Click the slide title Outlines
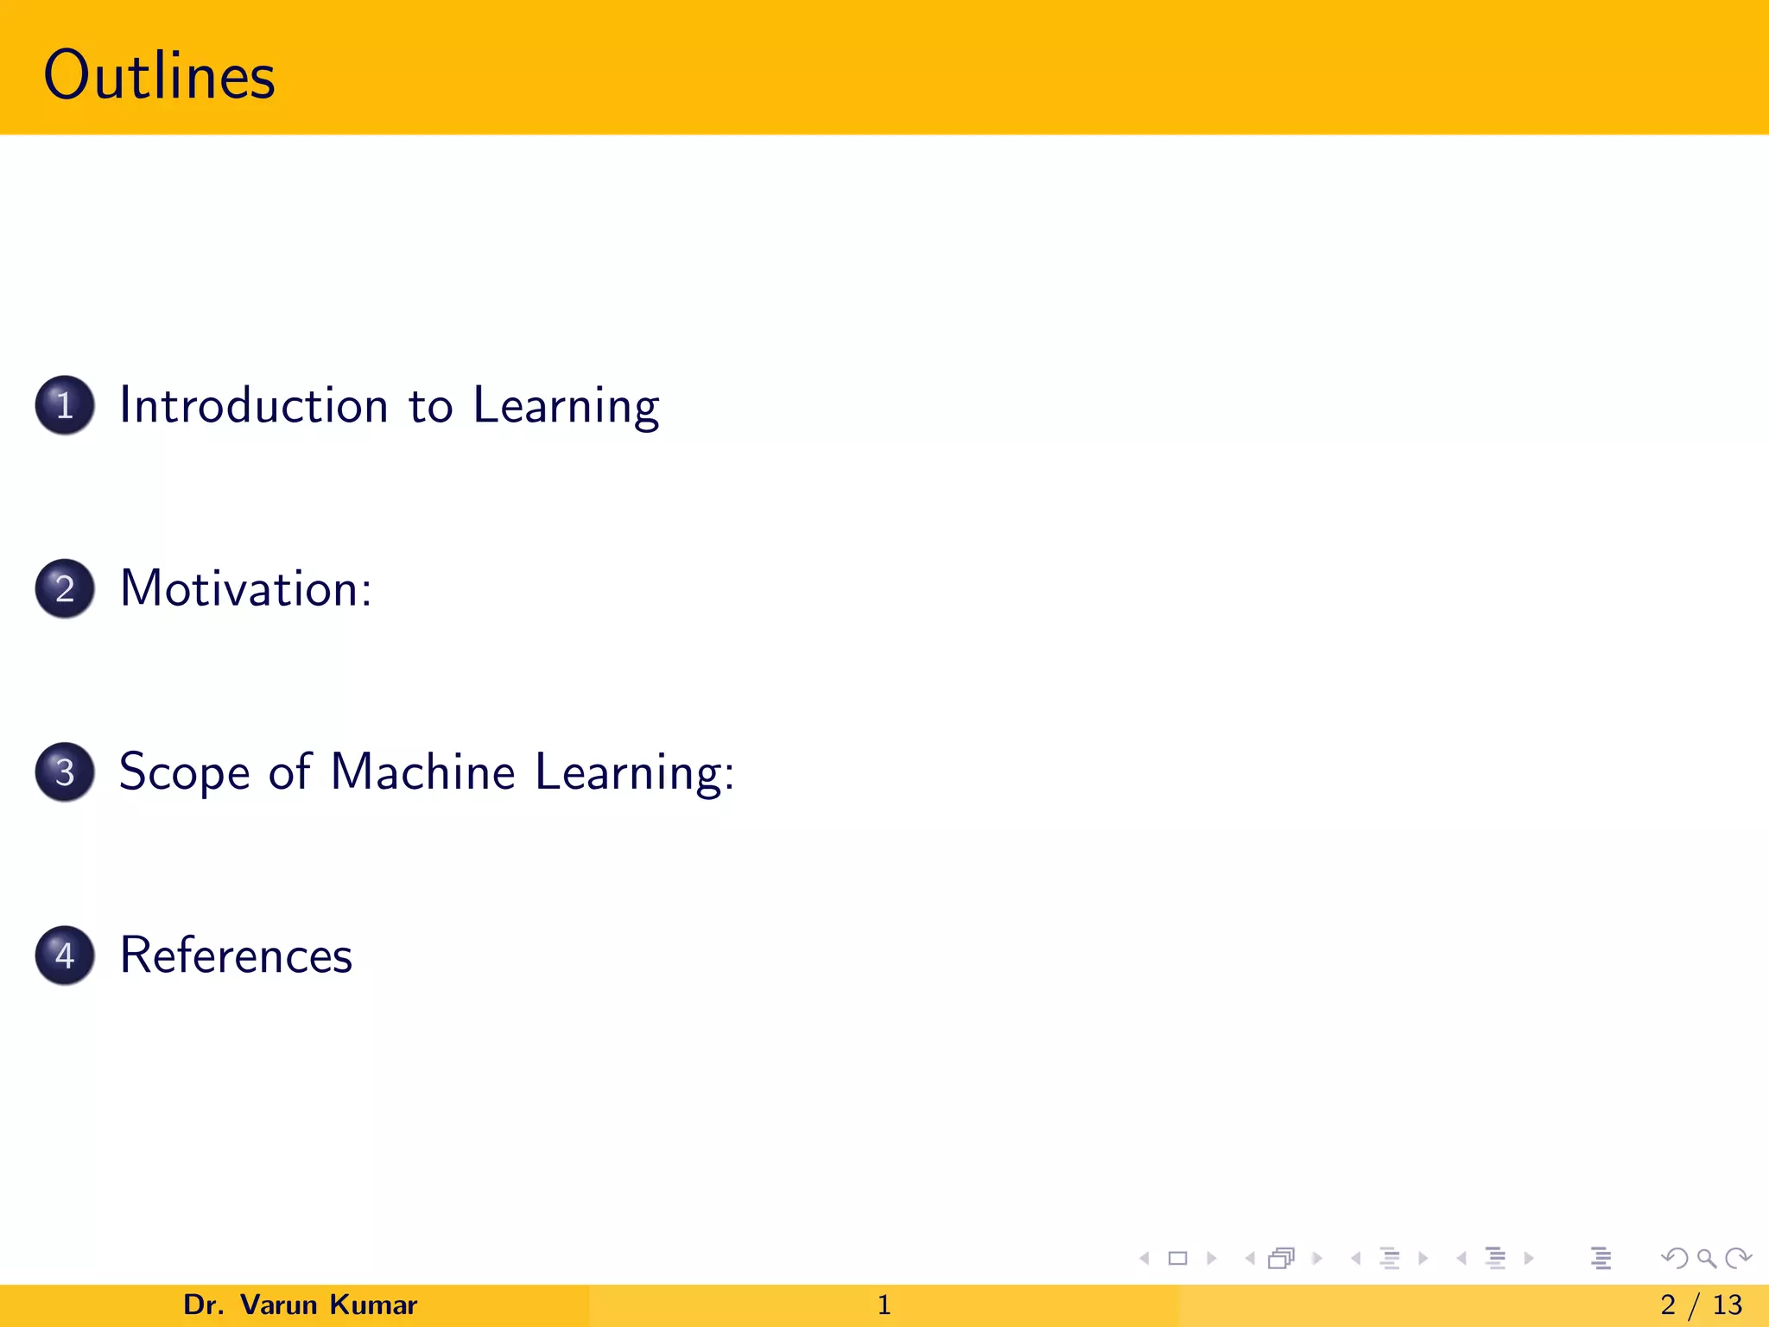coord(159,76)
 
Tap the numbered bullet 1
coord(65,405)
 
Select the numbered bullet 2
coord(65,588)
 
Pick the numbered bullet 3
coord(65,771)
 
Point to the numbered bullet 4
coord(65,955)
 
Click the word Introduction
coord(254,405)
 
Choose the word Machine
coord(422,771)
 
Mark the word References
coord(236,956)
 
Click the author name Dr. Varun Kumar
coord(300,1305)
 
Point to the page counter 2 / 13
coord(1701,1305)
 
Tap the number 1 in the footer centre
coord(884,1305)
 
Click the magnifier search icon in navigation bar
coord(1706,1258)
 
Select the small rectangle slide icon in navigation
coord(1177,1258)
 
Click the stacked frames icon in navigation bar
coord(1281,1258)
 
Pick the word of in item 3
coord(289,771)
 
